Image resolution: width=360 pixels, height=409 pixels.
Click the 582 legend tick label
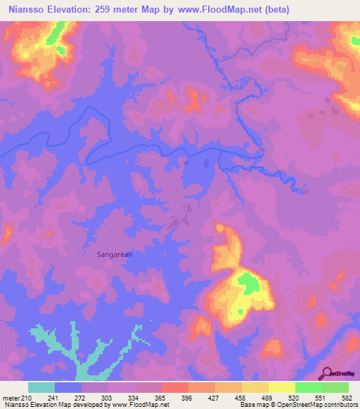pyautogui.click(x=346, y=398)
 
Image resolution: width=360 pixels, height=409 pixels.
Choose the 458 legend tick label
pyautogui.click(x=239, y=398)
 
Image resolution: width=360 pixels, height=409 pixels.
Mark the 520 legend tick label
pyautogui.click(x=292, y=398)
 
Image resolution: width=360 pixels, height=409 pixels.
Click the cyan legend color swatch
pyautogui.click(x=41, y=387)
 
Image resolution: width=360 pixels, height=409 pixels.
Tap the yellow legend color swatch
pyautogui.click(x=281, y=387)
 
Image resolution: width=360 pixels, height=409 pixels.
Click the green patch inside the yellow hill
pyautogui.click(x=247, y=283)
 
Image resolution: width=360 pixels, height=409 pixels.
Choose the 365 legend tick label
pyautogui.click(x=160, y=398)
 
